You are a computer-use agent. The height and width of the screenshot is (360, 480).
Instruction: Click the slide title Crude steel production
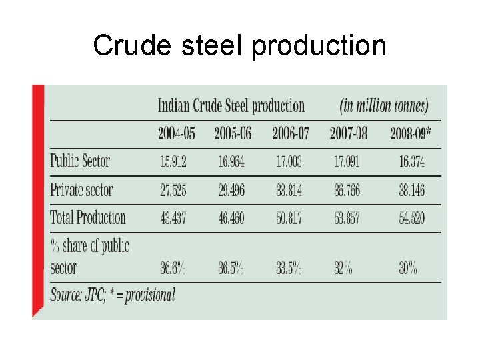click(239, 45)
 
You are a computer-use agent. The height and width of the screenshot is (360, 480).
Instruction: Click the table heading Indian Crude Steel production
click(231, 106)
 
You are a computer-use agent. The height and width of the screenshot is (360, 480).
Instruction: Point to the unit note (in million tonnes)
click(383, 106)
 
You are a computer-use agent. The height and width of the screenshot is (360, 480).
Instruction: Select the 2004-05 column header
click(176, 133)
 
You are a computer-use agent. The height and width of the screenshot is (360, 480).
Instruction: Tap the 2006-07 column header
click(291, 133)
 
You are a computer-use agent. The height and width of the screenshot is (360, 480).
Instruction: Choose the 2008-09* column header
click(410, 133)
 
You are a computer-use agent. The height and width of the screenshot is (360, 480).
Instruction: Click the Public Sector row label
click(80, 161)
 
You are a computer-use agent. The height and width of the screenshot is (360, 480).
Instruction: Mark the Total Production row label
click(88, 217)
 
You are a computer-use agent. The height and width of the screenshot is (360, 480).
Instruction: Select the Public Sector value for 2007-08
click(347, 161)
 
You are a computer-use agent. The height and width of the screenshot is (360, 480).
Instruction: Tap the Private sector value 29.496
click(229, 191)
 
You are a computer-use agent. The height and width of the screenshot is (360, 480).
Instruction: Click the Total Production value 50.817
click(289, 218)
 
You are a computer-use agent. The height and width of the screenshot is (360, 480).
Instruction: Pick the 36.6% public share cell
click(173, 269)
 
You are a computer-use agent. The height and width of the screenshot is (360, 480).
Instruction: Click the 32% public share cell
click(343, 269)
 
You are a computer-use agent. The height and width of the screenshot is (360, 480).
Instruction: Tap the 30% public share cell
click(408, 269)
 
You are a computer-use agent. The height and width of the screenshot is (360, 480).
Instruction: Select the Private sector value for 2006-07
click(289, 191)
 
